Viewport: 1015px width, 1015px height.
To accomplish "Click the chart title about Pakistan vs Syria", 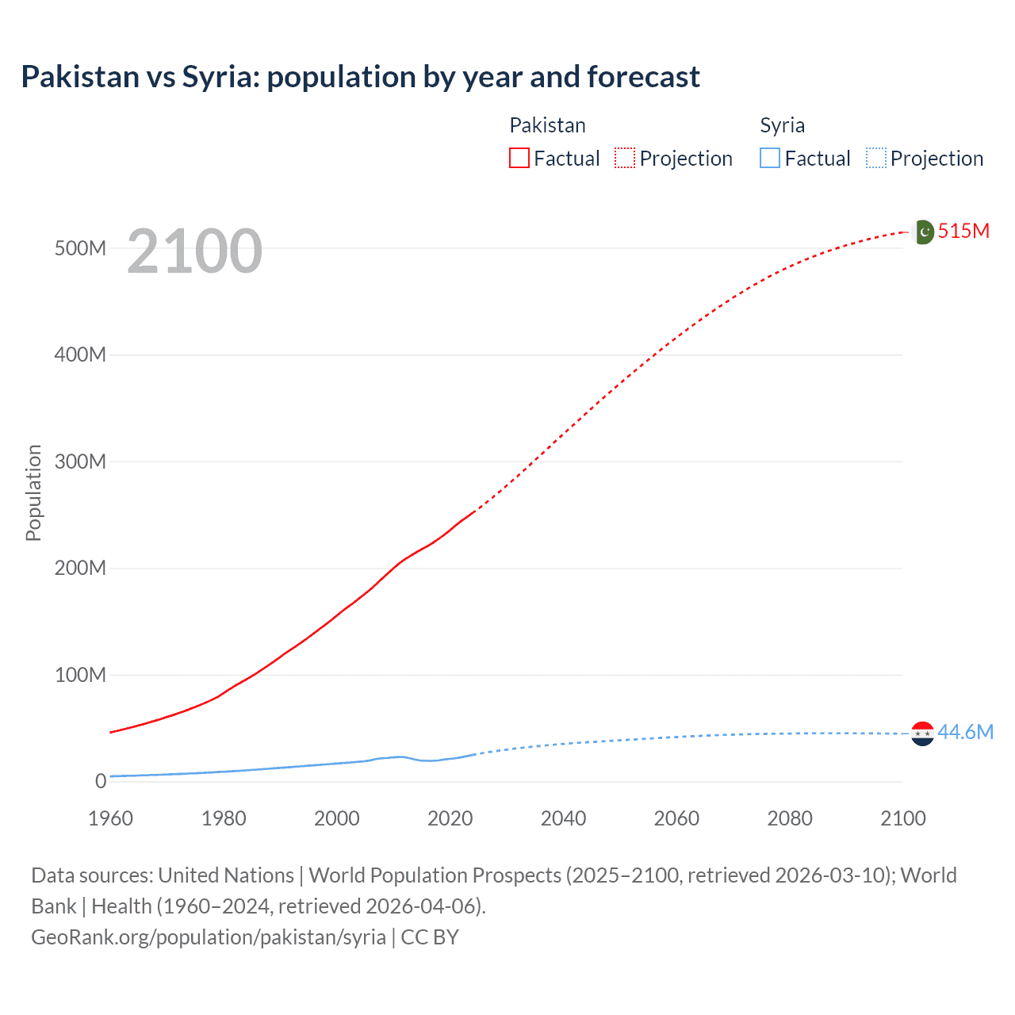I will coord(360,77).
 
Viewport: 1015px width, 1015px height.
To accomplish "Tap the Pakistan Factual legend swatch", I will coord(519,158).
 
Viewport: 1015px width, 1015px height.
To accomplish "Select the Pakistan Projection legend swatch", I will coord(625,158).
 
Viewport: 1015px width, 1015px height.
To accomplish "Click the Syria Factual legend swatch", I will coord(770,158).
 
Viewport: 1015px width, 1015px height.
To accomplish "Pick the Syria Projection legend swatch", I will coord(875,158).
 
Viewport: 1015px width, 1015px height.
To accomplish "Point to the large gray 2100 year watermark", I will coord(194,251).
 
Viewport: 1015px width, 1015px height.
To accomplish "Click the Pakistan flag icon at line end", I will coord(924,232).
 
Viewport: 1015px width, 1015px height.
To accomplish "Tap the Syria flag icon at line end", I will coord(922,733).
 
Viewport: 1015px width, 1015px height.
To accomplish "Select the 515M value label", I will coord(963,231).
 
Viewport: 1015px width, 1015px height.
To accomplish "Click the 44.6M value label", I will coord(965,732).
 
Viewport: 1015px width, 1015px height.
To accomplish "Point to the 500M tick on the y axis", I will coord(80,248).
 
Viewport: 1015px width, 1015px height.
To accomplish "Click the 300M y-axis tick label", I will coord(80,462).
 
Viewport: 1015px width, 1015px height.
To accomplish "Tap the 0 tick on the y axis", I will coord(101,781).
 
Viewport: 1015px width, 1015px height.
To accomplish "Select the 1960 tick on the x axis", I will coord(110,818).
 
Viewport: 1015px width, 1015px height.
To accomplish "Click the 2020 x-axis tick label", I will coord(450,818).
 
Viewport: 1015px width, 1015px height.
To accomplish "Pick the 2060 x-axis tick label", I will coord(676,818).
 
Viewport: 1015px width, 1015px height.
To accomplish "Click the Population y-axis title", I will coord(33,492).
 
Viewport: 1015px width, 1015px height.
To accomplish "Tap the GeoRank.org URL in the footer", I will coord(209,937).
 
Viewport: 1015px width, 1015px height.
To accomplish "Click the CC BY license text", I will coord(430,937).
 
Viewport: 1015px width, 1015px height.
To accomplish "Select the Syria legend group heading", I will coord(782,125).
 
